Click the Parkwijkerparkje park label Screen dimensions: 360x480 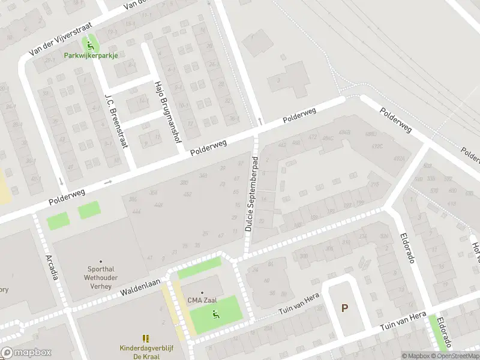tap(91, 55)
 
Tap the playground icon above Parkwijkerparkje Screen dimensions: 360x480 tap(91, 45)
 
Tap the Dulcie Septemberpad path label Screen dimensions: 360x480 tap(250, 194)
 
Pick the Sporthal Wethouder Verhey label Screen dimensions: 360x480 tap(100, 278)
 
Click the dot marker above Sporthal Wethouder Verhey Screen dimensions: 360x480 tap(100, 262)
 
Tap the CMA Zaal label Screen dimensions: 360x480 tap(202, 301)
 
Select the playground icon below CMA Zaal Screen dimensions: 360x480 tap(216, 313)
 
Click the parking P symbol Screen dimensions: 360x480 tap(344, 308)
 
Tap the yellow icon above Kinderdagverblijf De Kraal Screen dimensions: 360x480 tap(146, 338)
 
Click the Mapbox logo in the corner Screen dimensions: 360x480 tap(26, 353)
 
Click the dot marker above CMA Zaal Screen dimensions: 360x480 tap(202, 292)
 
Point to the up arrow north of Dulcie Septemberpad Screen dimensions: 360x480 tap(260, 121)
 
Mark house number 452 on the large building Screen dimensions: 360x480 tap(187, 194)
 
